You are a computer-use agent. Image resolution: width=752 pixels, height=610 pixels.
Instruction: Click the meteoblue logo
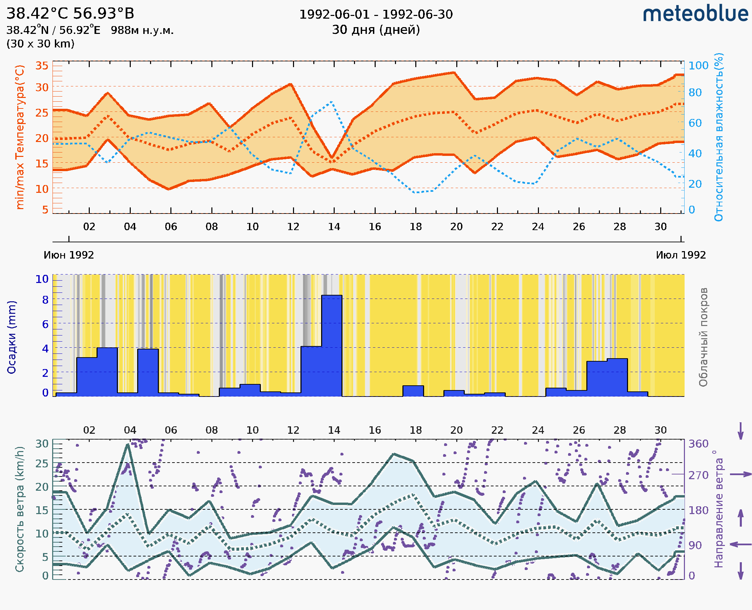coord(695,14)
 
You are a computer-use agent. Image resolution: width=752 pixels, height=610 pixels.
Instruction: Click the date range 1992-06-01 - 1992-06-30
coord(376,15)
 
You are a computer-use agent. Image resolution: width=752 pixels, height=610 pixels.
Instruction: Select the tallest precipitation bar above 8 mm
coord(332,346)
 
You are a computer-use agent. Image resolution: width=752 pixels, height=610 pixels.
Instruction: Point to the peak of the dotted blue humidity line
coord(331,102)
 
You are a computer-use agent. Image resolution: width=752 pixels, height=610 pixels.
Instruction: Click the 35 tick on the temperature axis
coord(42,66)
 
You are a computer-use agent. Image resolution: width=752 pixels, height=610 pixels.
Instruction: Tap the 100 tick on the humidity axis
coord(698,66)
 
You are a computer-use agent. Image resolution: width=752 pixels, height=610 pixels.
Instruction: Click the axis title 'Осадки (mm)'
coord(12,337)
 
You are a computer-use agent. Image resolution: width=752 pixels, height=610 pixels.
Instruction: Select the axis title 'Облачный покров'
coord(703,337)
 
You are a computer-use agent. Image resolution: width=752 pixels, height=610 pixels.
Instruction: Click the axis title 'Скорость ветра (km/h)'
coord(20,509)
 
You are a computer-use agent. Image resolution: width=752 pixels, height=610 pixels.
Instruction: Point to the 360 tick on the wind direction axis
coord(698,444)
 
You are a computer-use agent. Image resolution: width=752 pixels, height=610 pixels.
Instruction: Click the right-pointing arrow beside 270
coord(740,474)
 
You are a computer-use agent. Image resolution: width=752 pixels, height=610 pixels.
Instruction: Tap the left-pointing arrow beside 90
coord(740,544)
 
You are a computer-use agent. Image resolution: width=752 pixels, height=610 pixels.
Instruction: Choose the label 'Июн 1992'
coord(69,255)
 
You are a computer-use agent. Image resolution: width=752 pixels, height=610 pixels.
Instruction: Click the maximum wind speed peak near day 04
coord(128,445)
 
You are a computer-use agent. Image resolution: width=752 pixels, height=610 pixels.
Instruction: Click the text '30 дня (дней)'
coord(376,30)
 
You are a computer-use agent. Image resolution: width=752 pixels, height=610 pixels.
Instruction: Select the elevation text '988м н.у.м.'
coord(142,30)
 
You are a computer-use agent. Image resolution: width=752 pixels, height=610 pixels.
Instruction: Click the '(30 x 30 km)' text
coord(40,44)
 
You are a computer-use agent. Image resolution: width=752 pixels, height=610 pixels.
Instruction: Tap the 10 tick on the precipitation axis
coord(42,279)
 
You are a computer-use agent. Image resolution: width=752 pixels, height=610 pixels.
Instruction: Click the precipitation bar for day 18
coord(413,391)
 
